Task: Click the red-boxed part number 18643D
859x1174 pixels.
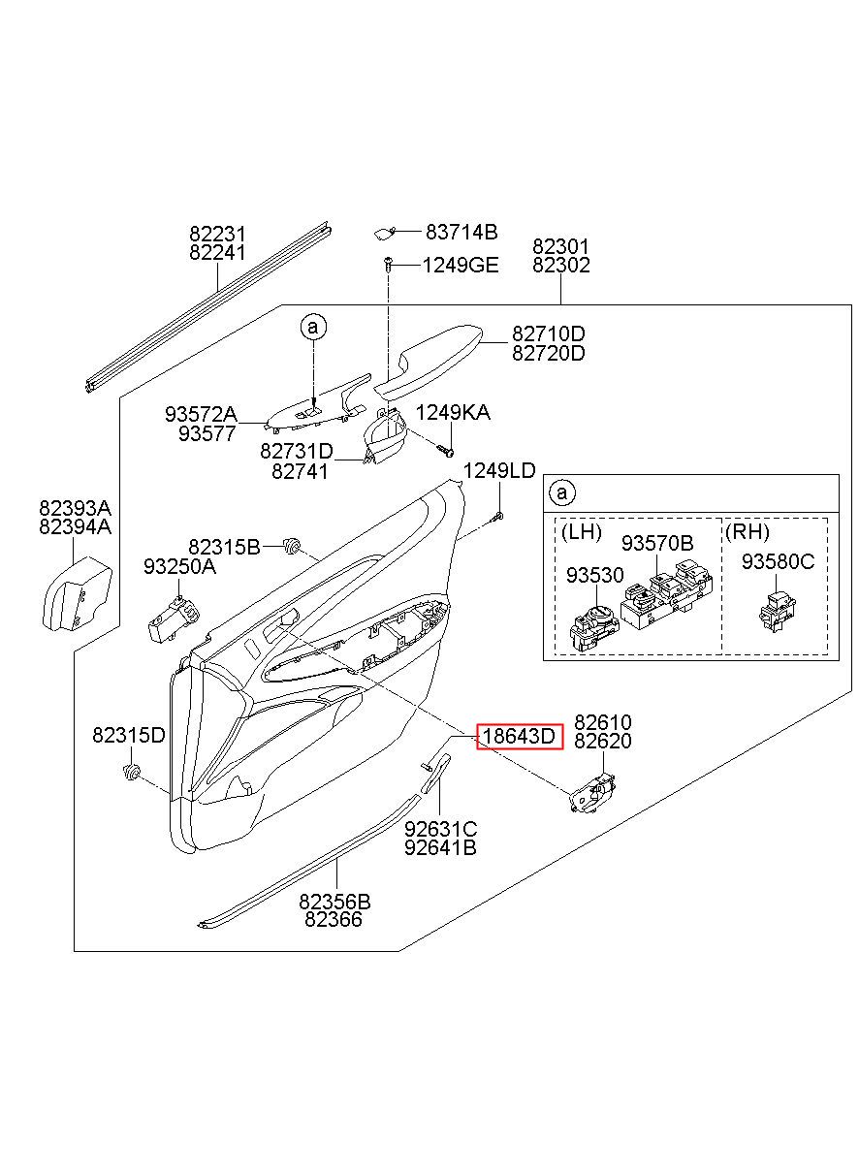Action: point(518,737)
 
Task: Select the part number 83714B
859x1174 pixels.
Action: point(461,231)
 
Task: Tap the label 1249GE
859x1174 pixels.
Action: point(461,266)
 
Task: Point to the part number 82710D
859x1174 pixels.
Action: point(548,333)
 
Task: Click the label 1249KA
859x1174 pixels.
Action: point(453,412)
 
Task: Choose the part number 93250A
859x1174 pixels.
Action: point(179,566)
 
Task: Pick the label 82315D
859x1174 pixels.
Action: point(129,735)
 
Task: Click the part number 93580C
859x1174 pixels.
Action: point(778,562)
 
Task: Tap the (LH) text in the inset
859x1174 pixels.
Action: point(581,532)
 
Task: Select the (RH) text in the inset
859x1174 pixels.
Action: point(747,532)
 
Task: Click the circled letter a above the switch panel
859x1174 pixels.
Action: point(313,327)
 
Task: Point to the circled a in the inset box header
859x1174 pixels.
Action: point(561,492)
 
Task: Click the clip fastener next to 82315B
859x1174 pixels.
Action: point(290,546)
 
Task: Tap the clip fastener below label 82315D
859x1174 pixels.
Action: point(131,772)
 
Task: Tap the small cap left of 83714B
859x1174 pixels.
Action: point(384,233)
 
